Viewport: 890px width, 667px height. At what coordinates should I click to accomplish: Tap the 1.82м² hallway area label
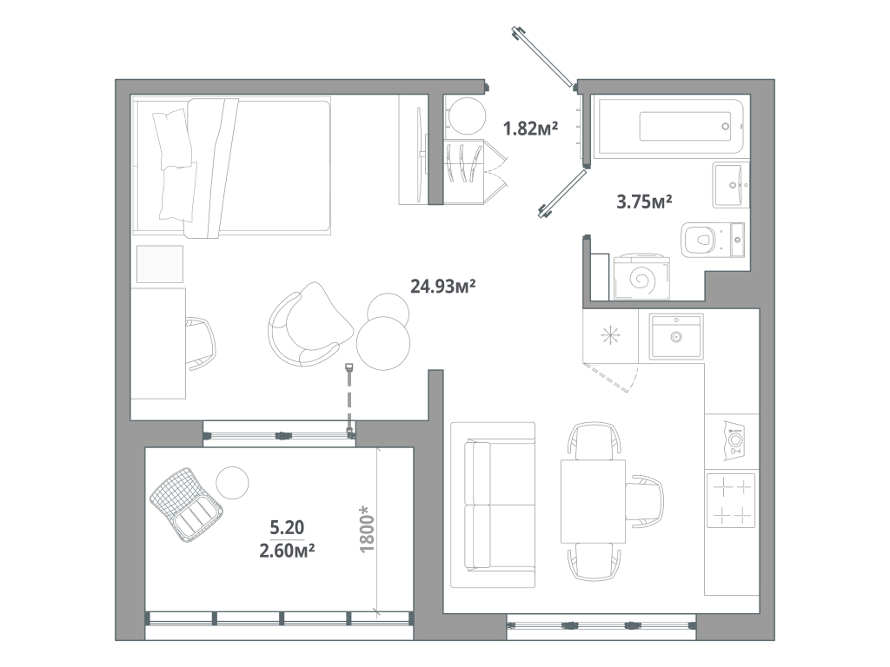530,129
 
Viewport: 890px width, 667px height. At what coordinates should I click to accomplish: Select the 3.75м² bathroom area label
644,202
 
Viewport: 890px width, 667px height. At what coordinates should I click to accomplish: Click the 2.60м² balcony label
286,549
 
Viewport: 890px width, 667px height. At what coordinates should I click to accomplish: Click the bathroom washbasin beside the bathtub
730,184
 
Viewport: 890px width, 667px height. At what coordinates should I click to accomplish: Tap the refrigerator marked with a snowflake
609,335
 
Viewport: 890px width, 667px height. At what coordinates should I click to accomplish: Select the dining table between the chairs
593,501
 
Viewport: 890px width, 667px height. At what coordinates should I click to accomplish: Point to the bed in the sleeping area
231,166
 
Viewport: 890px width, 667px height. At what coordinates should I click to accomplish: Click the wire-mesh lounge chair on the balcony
186,503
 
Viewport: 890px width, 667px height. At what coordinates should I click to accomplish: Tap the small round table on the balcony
232,483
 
